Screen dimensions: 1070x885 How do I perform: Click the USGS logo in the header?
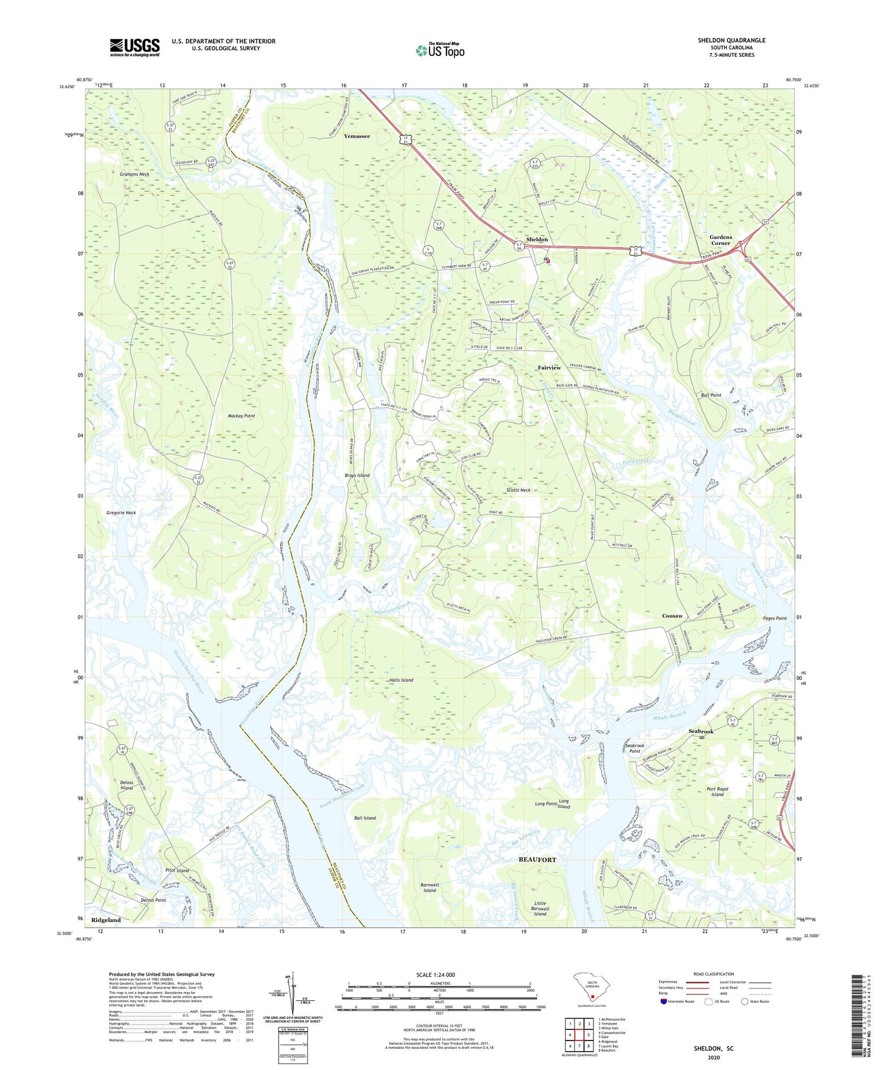135,47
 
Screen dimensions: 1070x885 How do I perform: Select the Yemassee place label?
356,136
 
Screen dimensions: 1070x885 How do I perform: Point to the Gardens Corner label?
720,240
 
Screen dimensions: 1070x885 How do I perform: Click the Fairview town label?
549,368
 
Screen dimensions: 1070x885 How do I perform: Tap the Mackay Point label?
241,416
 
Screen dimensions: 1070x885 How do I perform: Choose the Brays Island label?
357,475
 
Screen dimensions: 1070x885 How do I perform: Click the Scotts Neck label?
518,490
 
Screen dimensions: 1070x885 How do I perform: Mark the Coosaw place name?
671,616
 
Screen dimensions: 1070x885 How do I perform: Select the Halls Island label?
401,680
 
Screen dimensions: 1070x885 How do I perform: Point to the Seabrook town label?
701,731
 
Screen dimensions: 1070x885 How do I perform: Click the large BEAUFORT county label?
537,860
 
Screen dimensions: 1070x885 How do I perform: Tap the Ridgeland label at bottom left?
106,920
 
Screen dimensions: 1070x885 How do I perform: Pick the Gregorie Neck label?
121,513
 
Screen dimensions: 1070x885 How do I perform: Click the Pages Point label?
773,619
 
